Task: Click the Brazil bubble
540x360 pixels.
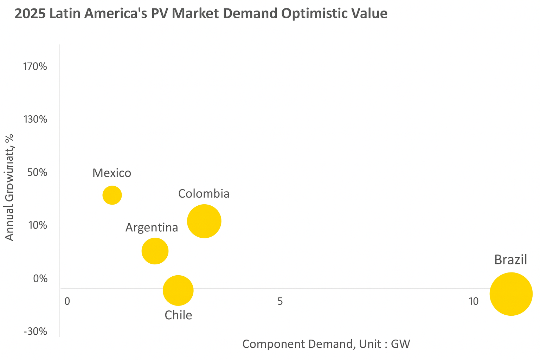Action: [511, 294]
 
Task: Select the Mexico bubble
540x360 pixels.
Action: [112, 195]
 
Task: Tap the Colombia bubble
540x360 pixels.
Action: [204, 221]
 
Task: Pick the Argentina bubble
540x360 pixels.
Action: [155, 251]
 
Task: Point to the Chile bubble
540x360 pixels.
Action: [178, 290]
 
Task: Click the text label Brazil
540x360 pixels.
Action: [510, 260]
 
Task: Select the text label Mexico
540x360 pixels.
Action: [112, 173]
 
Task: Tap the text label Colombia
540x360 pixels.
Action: [204, 194]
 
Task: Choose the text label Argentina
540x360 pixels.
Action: [152, 227]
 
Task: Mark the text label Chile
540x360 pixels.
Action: [178, 315]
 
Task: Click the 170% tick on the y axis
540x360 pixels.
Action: [35, 66]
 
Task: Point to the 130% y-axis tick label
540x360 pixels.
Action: [35, 120]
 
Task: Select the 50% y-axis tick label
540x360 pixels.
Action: [37, 173]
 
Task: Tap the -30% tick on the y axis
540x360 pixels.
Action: [35, 332]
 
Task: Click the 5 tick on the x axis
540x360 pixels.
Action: [280, 301]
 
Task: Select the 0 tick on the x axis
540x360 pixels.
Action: [67, 301]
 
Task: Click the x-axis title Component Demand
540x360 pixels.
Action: [326, 344]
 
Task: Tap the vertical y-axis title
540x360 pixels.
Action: [9, 187]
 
